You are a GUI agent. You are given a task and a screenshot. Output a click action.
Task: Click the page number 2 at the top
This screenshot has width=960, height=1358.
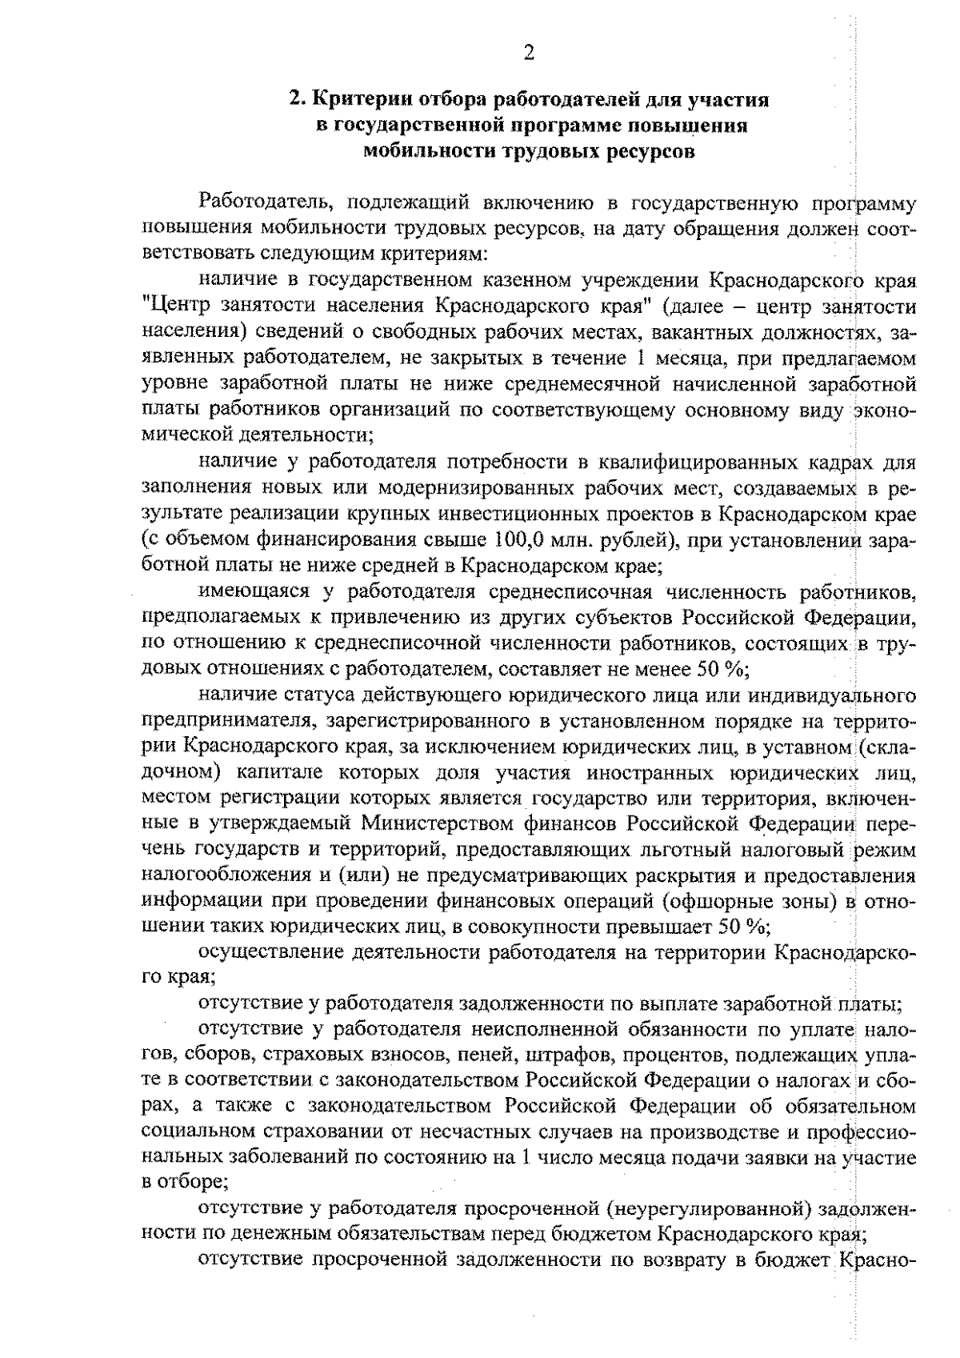coord(529,54)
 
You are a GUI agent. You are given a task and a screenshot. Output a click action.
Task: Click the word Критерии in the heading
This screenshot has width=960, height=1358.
coord(353,100)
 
